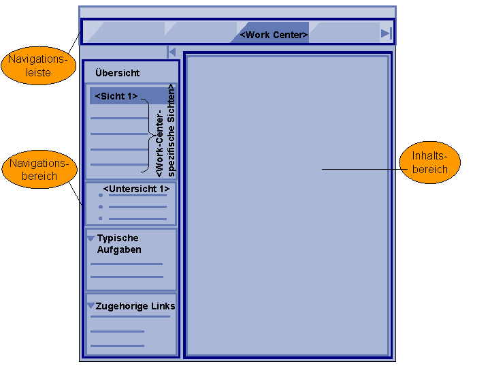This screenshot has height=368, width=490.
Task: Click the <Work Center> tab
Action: click(x=274, y=34)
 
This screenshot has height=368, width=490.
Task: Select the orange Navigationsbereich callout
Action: click(x=39, y=170)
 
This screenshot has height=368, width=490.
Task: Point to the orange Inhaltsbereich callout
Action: click(x=430, y=163)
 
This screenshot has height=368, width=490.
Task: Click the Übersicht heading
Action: click(x=118, y=73)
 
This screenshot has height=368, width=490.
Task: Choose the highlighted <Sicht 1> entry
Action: click(x=116, y=96)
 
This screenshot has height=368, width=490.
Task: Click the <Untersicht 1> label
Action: click(x=136, y=189)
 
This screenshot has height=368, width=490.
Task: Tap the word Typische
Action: click(x=118, y=238)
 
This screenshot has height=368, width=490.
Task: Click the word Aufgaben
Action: click(x=119, y=249)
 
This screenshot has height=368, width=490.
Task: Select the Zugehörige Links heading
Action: click(x=135, y=306)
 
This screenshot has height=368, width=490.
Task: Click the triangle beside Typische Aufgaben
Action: click(x=91, y=239)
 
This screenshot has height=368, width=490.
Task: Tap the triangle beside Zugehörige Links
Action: click(x=91, y=306)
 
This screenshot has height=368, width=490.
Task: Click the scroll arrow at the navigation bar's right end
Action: click(x=386, y=33)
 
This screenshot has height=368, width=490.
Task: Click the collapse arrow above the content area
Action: click(x=171, y=52)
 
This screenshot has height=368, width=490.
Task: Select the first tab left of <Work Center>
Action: click(x=200, y=33)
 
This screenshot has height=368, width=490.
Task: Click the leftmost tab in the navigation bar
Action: click(x=126, y=33)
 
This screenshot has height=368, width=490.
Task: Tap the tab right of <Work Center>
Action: click(x=344, y=33)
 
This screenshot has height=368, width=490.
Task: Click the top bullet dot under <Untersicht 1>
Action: click(x=101, y=196)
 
